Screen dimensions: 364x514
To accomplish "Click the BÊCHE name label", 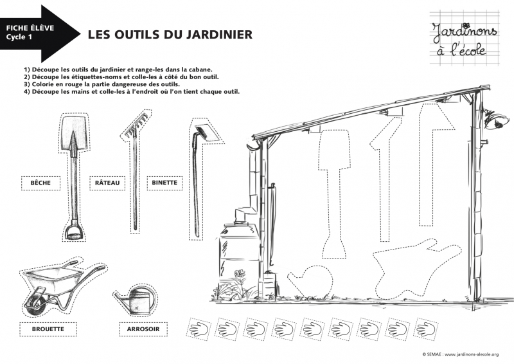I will (x=40, y=183).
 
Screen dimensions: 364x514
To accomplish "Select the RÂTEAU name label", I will (x=107, y=183).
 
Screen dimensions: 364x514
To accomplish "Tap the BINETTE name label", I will (x=164, y=183).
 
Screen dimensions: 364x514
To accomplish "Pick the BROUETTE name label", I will (x=48, y=329).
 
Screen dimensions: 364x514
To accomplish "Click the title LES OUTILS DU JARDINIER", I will (x=170, y=34).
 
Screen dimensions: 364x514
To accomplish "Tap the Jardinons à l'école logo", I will (x=458, y=38).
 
